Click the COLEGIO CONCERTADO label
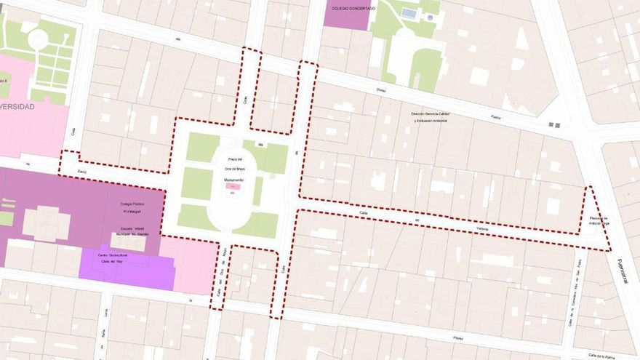click(x=353, y=8)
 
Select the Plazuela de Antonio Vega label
click(x=598, y=220)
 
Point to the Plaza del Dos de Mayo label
click(x=234, y=164)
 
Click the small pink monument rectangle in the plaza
click(x=232, y=187)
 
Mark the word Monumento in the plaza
click(x=234, y=179)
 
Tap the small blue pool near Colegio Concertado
click(x=409, y=12)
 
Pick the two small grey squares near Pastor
click(x=554, y=125)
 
